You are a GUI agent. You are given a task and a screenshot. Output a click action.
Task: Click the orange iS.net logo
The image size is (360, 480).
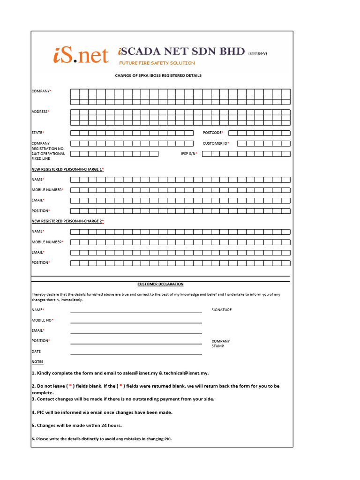tap(80, 55)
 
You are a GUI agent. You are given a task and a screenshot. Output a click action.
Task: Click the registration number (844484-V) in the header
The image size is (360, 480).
tap(257, 53)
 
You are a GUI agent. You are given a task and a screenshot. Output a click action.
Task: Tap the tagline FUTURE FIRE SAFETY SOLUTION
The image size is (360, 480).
tap(157, 63)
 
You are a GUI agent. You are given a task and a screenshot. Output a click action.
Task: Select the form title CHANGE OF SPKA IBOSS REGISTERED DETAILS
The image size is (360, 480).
tap(158, 75)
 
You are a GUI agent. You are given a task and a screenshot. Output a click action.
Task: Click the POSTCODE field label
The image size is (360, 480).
tap(213, 133)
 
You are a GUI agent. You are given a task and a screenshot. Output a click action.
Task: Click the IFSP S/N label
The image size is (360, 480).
tap(189, 154)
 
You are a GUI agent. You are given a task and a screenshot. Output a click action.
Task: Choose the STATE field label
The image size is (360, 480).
tap(37, 133)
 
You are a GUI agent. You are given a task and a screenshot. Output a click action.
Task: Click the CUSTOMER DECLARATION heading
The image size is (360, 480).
tap(160, 284)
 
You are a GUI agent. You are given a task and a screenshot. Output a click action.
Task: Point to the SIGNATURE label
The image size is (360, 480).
tap(221, 310)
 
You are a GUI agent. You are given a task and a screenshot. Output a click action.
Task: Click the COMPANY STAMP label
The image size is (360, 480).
tap(220, 344)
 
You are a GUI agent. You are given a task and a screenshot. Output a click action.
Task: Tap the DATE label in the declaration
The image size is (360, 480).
tap(37, 351)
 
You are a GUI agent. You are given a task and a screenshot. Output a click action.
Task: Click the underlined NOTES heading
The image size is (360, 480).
tap(37, 362)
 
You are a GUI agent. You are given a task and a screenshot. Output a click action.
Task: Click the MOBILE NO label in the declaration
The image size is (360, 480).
tap(42, 320)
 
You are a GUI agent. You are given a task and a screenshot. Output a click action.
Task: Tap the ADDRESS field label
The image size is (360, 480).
tap(40, 112)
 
